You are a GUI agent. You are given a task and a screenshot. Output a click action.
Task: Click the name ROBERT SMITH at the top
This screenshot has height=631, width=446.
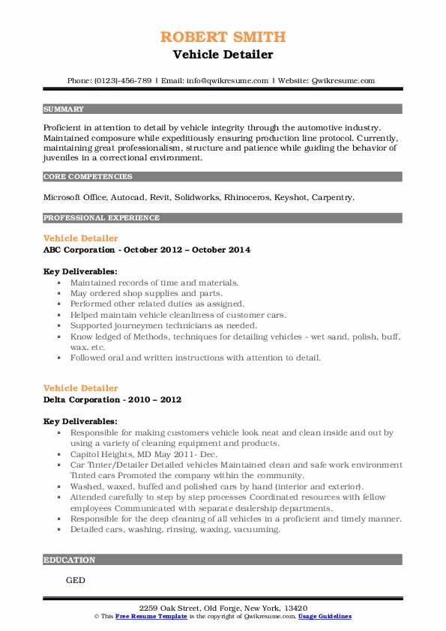point(223,37)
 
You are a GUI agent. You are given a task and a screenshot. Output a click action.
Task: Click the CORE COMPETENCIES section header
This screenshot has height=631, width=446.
point(88,177)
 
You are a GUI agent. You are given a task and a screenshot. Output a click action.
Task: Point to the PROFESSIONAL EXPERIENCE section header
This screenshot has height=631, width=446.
point(101,218)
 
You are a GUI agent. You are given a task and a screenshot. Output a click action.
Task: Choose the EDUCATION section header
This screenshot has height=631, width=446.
point(70,560)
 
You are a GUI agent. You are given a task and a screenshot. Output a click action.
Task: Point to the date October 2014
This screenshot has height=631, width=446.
point(222,250)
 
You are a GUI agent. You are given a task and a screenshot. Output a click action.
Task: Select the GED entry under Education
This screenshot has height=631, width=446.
point(76,580)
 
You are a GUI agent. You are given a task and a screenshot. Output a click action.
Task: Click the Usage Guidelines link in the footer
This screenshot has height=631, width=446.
point(325,616)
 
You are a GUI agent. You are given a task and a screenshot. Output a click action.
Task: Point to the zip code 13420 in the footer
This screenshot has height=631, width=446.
point(295,607)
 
